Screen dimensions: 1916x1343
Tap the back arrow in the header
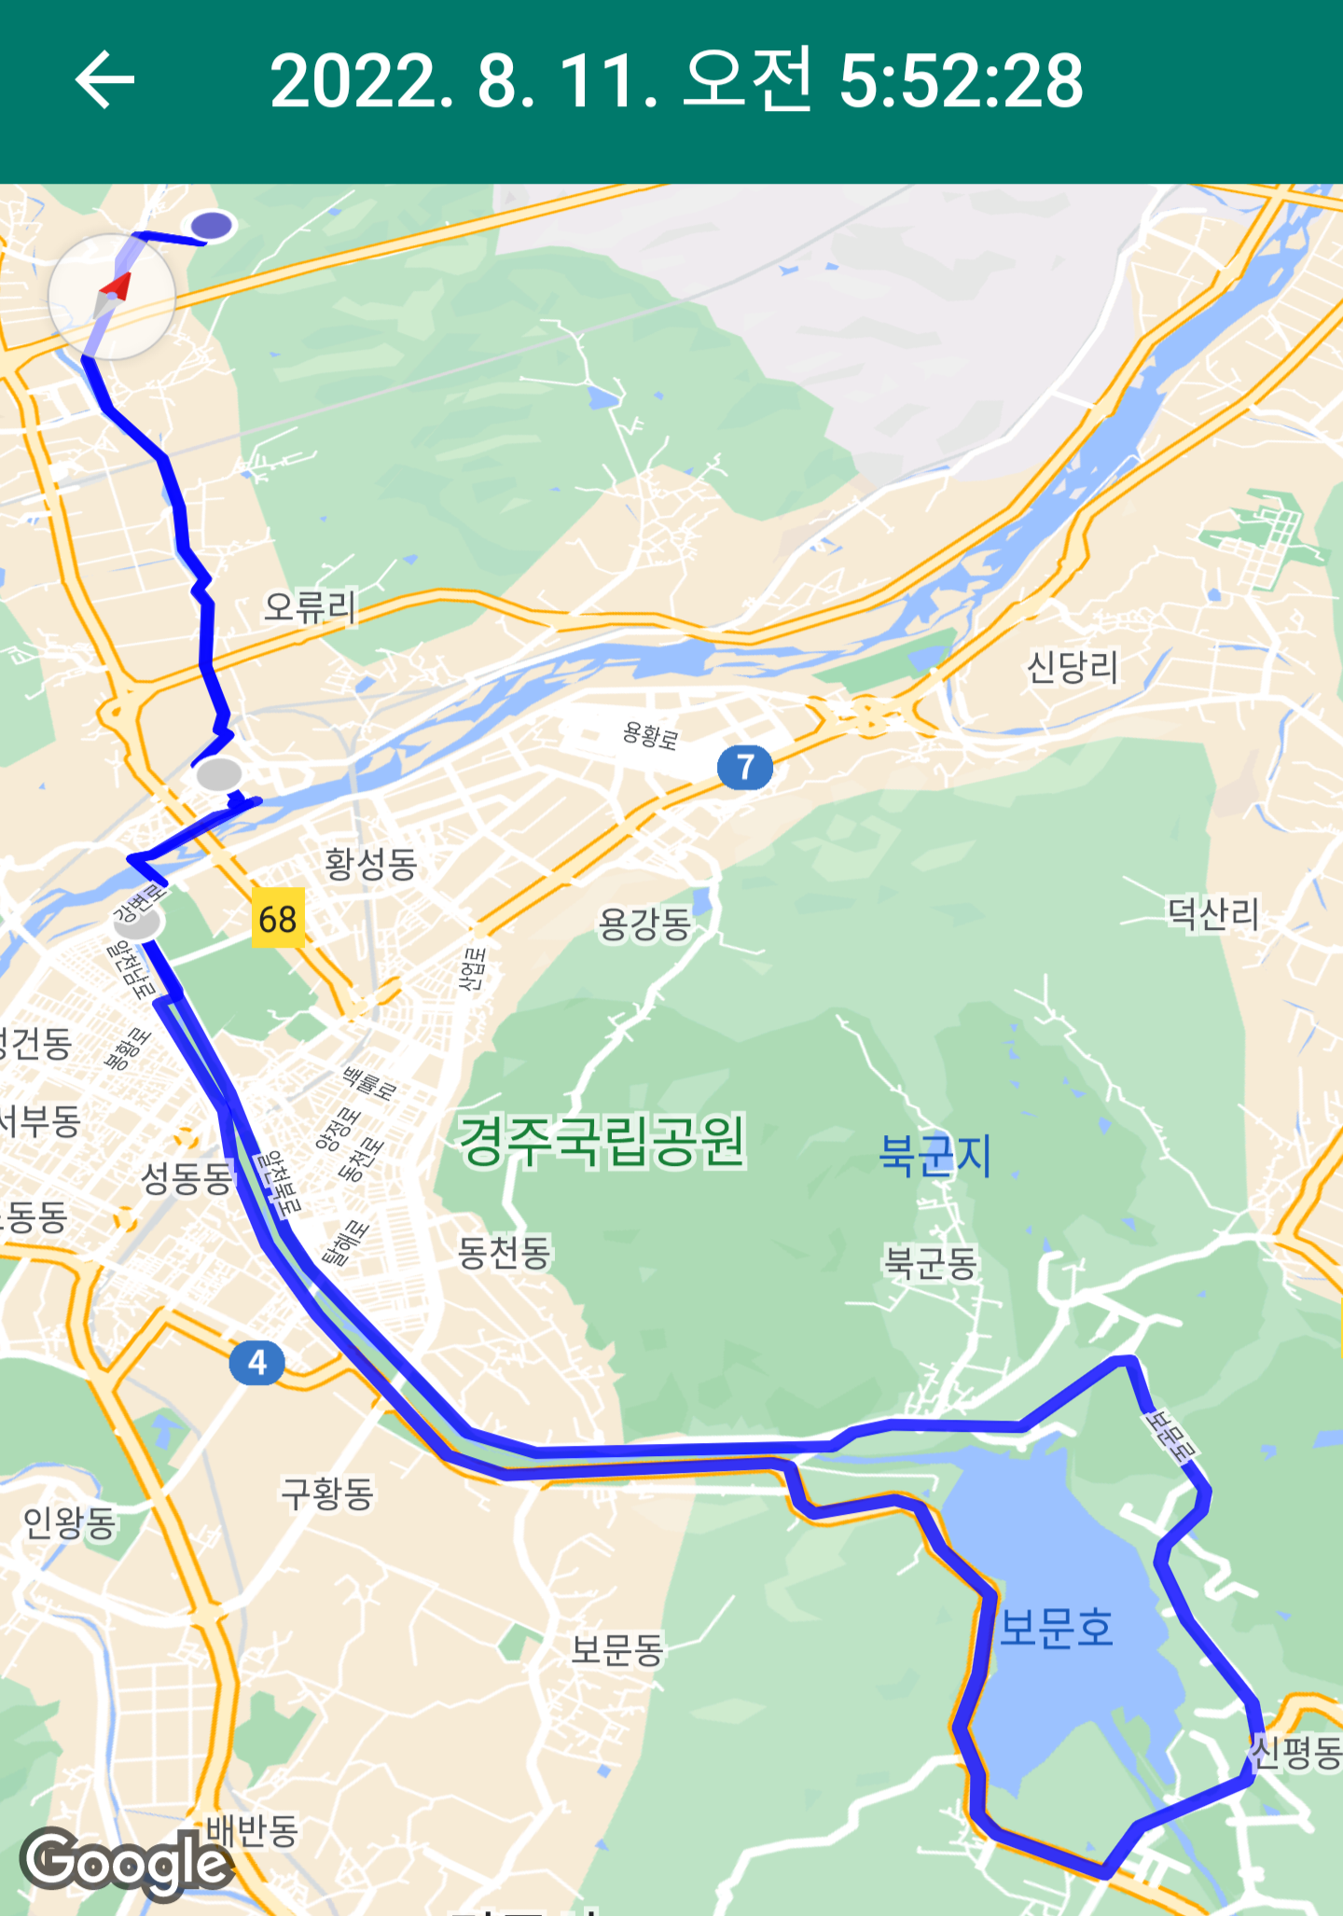104,80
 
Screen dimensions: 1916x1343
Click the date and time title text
676,81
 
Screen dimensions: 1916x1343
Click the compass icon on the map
112,296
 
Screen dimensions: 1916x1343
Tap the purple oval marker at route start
213,225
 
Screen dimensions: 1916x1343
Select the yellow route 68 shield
278,919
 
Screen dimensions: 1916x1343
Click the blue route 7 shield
744,767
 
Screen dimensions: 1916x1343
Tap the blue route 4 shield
257,1363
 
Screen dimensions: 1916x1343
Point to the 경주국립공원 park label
602,1141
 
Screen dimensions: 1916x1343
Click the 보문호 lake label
1057,1629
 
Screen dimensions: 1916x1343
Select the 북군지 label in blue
935,1155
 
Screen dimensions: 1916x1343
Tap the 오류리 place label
311,607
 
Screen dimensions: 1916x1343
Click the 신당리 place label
1073,667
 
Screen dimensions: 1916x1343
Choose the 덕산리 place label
1213,913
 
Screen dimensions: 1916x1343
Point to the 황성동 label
370,864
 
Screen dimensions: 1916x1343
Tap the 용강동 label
644,924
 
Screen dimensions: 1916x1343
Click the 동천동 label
505,1252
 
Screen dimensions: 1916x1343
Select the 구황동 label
327,1493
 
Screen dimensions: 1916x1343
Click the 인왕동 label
70,1522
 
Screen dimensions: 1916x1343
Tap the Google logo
126,1862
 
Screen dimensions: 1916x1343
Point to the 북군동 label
931,1263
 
